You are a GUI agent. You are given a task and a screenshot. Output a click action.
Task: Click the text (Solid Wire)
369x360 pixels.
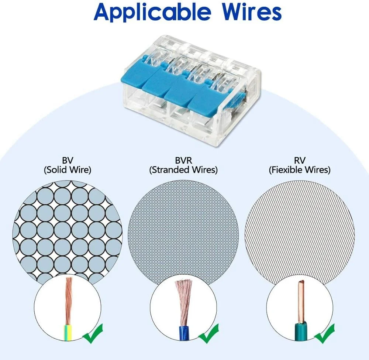[68, 170]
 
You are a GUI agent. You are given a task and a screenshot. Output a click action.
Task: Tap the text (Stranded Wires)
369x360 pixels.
[183, 170]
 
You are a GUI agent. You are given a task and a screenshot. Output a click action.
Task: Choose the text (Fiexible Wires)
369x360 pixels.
[299, 170]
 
